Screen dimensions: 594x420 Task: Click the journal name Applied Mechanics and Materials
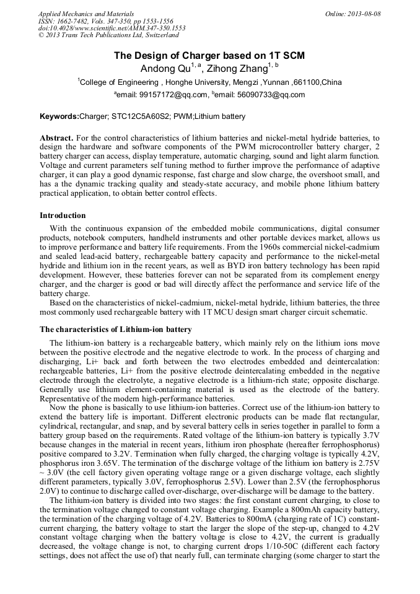point(85,14)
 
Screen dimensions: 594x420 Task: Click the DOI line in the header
point(112,28)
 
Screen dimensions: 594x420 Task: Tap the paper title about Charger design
point(209,56)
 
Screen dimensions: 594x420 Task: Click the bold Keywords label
point(59,116)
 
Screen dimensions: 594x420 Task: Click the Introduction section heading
point(63,216)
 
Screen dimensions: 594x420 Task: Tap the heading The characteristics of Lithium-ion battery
point(116,329)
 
